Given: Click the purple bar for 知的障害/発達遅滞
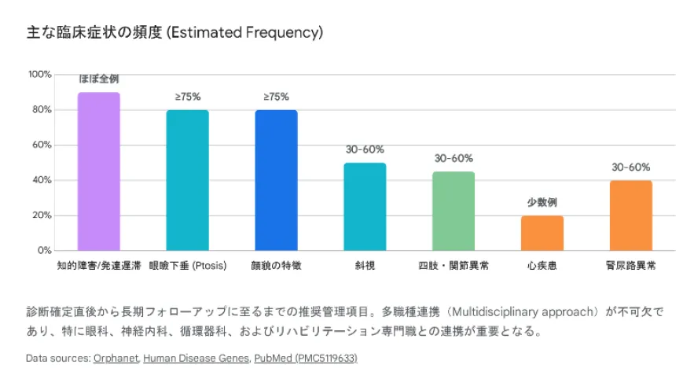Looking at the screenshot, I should pos(98,171).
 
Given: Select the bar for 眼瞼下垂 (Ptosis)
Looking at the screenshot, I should pos(187,180).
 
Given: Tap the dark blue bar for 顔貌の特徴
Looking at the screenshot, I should pos(276,180).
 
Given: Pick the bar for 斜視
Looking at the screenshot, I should pos(365,206).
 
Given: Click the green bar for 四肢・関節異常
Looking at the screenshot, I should pos(453,211).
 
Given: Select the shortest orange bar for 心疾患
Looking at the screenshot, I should pos(542,233).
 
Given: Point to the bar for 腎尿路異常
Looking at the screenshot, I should pos(631,215).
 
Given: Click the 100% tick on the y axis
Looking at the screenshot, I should pos(40,75).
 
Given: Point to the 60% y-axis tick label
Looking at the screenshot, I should pos(42,145).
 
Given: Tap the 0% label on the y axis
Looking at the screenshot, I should pos(45,251).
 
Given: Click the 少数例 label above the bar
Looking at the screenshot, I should pos(542,202).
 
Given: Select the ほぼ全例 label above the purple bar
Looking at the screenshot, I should pos(98,79).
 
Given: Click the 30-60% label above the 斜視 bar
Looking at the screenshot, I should pos(365,149).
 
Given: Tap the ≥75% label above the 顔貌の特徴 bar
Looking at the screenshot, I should pos(276,97).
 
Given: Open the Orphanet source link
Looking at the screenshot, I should pos(116,358).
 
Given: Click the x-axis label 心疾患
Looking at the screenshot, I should pos(542,266).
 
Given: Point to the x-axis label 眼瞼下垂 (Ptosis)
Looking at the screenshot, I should pos(187,266).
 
